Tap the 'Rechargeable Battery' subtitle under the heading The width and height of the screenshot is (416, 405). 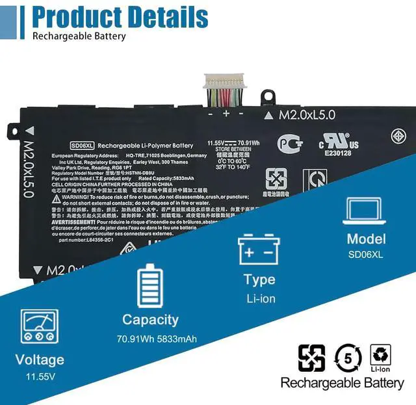79,36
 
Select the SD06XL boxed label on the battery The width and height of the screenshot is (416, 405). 83,146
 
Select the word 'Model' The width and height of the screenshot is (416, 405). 366,239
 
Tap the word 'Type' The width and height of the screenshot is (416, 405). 259,280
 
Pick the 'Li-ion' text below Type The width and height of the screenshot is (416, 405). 260,298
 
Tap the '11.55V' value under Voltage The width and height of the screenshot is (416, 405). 40,377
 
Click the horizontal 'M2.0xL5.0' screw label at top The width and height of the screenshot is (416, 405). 306,115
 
